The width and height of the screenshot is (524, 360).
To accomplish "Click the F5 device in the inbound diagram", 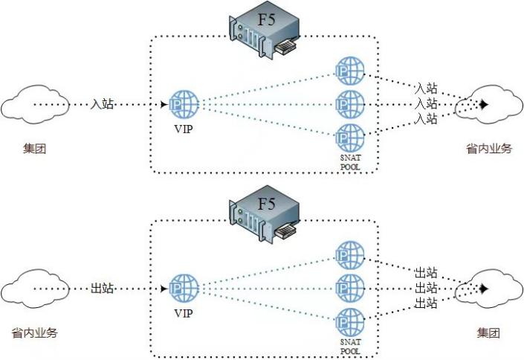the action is point(264,30).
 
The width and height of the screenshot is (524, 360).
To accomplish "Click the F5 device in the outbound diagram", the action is point(264,215).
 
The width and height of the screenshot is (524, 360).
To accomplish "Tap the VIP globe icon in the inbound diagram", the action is point(184,104).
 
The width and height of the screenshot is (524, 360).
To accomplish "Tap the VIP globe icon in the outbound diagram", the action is point(184,289).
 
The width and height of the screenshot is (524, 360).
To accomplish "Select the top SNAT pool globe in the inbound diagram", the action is point(350,71).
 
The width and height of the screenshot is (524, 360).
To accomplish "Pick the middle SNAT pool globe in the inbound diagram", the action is point(350,104).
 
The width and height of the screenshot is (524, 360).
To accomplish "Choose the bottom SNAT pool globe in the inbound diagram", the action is point(350,138).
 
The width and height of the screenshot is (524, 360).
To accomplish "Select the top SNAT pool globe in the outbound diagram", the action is point(350,255).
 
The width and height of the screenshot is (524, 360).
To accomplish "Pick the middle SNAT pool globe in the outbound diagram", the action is point(350,289).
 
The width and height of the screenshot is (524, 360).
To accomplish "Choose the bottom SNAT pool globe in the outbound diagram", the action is point(350,322).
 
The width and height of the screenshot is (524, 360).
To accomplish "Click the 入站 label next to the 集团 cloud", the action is point(102,104).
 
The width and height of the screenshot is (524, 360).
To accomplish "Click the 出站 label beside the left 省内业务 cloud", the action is point(102,288).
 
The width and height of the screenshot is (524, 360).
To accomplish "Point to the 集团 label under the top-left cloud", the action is point(34,148).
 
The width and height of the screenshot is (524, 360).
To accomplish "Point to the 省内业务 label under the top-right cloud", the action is point(489,148).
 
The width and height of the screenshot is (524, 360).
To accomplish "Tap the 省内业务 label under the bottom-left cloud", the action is point(34,333).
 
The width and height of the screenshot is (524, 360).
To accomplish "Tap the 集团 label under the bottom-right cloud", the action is point(488,333).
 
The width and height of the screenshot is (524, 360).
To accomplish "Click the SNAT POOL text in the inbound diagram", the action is point(351,162).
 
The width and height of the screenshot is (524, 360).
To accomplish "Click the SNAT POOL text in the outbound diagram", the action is point(351,347).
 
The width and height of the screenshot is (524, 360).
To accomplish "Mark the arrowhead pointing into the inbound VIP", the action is point(164,104).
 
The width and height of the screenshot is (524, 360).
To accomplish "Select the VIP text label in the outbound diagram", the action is point(184,313).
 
